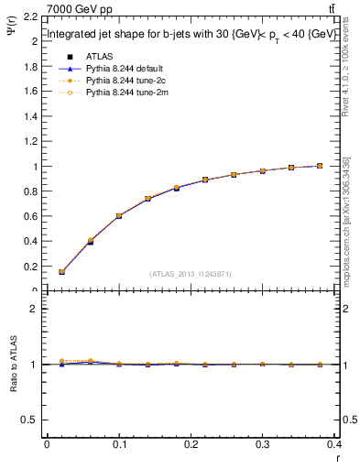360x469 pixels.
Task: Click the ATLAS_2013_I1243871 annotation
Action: tap(189, 274)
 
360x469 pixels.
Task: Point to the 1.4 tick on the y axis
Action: tap(29, 116)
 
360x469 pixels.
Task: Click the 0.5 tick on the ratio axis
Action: tap(29, 420)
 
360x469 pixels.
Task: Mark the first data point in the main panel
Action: tap(61, 272)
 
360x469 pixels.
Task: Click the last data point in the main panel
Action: tap(320, 166)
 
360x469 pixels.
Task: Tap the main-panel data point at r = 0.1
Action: tap(119, 216)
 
